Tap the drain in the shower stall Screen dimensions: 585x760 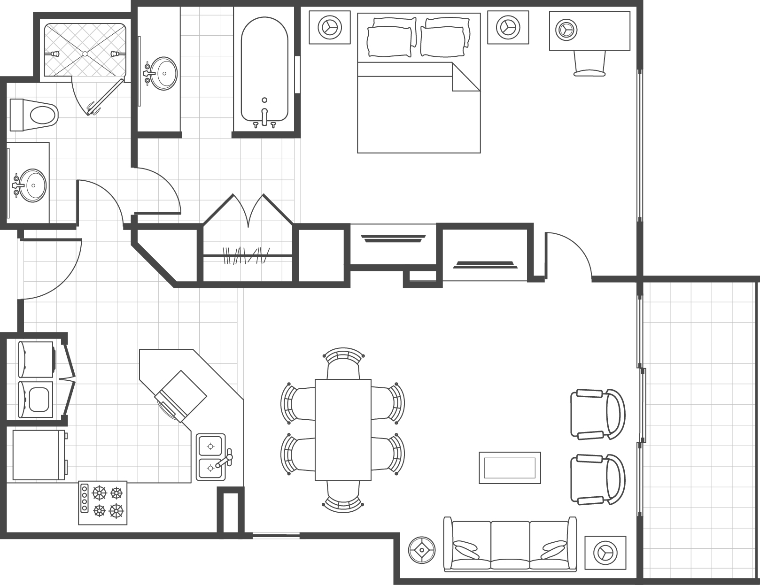[x=85, y=54]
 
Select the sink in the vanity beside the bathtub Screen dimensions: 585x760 [x=163, y=73]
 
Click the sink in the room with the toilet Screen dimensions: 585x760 [x=32, y=185]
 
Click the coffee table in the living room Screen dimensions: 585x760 [x=510, y=467]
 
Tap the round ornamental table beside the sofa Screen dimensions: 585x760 [x=422, y=550]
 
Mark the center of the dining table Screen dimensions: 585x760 [x=343, y=430]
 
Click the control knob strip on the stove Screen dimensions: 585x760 [x=85, y=499]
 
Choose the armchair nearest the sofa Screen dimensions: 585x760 [x=597, y=479]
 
